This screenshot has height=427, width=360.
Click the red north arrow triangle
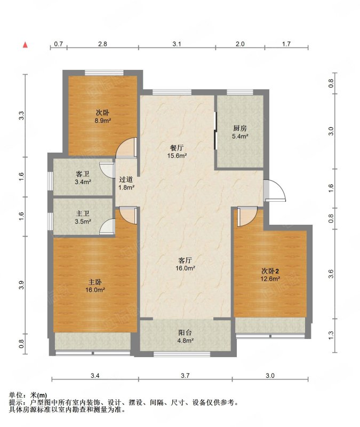25,45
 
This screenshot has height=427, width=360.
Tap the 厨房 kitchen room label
240,128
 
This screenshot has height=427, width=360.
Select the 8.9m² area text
103,121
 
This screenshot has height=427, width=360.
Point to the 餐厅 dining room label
177,148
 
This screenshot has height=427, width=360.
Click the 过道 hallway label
126,179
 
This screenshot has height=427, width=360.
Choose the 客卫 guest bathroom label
83,174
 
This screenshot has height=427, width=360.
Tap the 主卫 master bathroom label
83,214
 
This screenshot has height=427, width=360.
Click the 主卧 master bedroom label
95,282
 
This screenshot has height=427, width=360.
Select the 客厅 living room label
185,260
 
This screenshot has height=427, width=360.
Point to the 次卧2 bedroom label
270,271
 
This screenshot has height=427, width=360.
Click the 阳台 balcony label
185,333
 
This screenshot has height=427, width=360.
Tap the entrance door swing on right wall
275,191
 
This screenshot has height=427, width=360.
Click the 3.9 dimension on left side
22,285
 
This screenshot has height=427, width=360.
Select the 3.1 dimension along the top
177,44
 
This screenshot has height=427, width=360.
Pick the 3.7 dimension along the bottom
185,376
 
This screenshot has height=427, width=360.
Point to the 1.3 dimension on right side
331,336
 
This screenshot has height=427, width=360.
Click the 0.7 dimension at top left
59,44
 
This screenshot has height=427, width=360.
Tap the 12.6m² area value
270,279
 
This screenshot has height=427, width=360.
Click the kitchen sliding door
215,131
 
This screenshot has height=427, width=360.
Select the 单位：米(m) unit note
28,395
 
